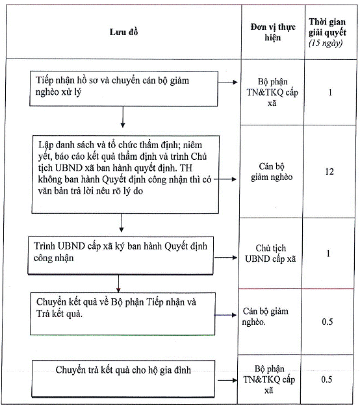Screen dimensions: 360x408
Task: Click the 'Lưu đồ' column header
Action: [x=123, y=32]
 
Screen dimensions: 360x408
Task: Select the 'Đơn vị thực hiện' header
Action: [x=273, y=32]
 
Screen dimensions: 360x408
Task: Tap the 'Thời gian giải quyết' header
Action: [x=328, y=27]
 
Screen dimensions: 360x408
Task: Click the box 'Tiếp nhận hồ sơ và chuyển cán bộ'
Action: [x=123, y=89]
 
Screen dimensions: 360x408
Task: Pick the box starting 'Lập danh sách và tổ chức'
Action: [x=125, y=174]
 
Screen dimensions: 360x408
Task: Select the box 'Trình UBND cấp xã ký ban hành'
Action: [x=120, y=255]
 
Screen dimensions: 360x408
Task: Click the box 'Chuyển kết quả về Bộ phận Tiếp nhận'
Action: [x=123, y=314]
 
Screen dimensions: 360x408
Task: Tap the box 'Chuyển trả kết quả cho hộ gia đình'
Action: [x=123, y=379]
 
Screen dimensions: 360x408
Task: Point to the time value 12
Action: [x=329, y=172]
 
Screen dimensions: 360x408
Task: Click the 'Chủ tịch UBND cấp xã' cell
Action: [x=270, y=253]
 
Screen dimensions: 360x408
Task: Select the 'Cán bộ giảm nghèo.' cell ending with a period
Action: [x=265, y=316]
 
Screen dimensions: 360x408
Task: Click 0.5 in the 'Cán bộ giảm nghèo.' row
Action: [x=328, y=322]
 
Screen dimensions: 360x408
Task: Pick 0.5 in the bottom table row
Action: [x=327, y=379]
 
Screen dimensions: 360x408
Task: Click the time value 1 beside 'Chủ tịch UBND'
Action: [x=328, y=253]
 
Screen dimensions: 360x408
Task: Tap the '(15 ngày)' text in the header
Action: [x=326, y=43]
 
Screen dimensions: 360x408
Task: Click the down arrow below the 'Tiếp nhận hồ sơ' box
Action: [x=123, y=117]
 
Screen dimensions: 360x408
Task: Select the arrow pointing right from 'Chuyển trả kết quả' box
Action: [x=227, y=381]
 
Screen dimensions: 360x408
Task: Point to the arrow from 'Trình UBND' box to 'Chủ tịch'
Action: [x=225, y=258]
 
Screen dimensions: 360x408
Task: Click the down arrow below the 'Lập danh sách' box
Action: [x=122, y=223]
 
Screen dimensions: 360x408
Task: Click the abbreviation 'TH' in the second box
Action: [x=186, y=168]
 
